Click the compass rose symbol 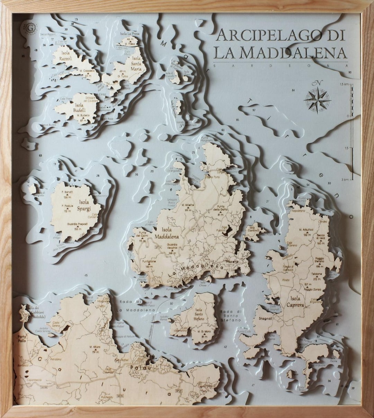[317, 100]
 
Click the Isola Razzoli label [65, 56]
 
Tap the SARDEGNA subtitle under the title [280, 65]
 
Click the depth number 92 [254, 110]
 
